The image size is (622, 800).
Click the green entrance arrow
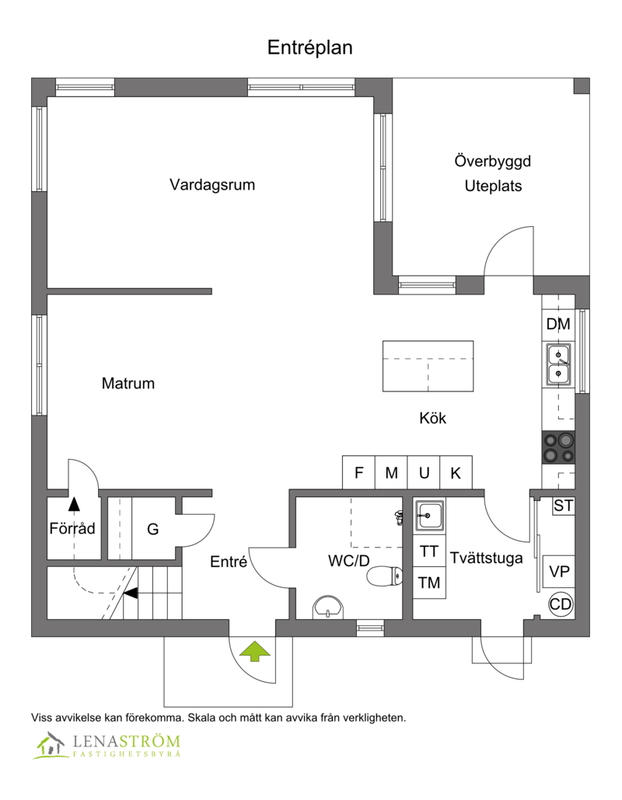255,652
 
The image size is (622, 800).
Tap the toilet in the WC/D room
385,576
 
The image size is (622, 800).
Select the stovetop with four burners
558,447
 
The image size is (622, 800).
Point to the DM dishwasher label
558,324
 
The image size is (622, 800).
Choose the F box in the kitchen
358,472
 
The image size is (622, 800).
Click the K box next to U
456,472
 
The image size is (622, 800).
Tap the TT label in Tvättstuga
429,551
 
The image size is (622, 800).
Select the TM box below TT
429,583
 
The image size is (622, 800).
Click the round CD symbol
561,604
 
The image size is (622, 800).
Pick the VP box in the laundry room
559,571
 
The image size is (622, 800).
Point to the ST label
563,506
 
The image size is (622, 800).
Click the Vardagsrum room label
212,184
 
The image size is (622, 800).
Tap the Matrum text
128,383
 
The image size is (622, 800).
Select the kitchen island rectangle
428,367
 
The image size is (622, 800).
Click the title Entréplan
310,47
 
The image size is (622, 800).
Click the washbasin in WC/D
327,607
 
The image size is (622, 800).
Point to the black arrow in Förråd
75,504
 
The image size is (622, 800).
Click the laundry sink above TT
429,515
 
